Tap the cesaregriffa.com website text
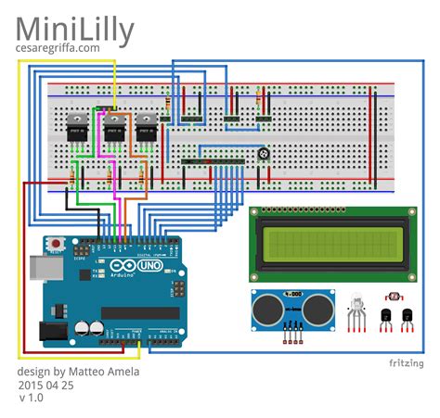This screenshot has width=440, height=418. pyautogui.click(x=58, y=48)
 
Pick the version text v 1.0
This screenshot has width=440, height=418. pyautogui.click(x=32, y=398)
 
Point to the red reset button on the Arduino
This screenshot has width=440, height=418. pyautogui.click(x=57, y=245)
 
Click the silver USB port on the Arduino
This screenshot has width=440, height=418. pyautogui.click(x=39, y=272)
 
